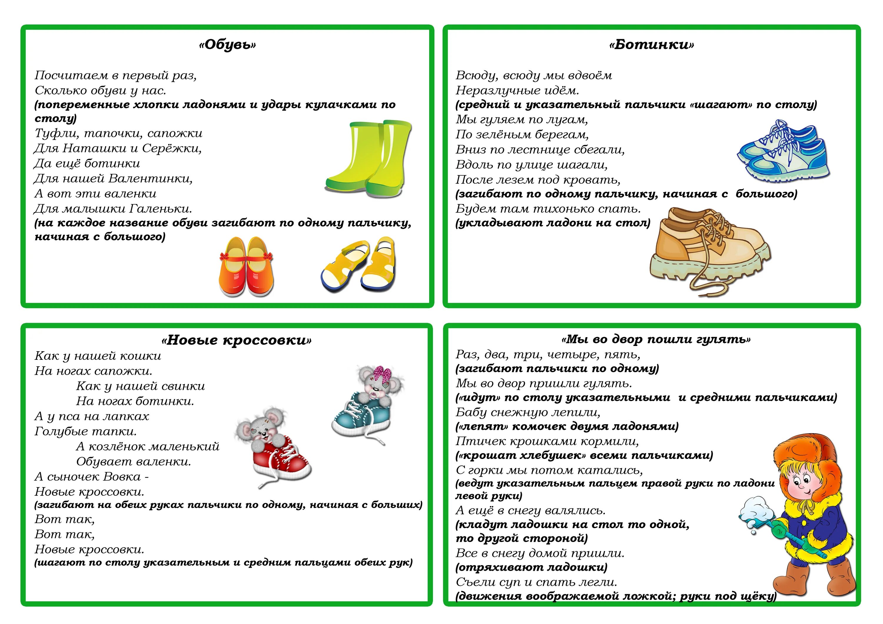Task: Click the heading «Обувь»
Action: point(227,45)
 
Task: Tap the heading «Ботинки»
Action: point(651,45)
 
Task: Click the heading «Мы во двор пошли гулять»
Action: point(656,340)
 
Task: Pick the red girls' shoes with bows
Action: point(246,267)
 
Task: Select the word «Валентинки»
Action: point(150,179)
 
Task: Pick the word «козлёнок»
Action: point(118,447)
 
